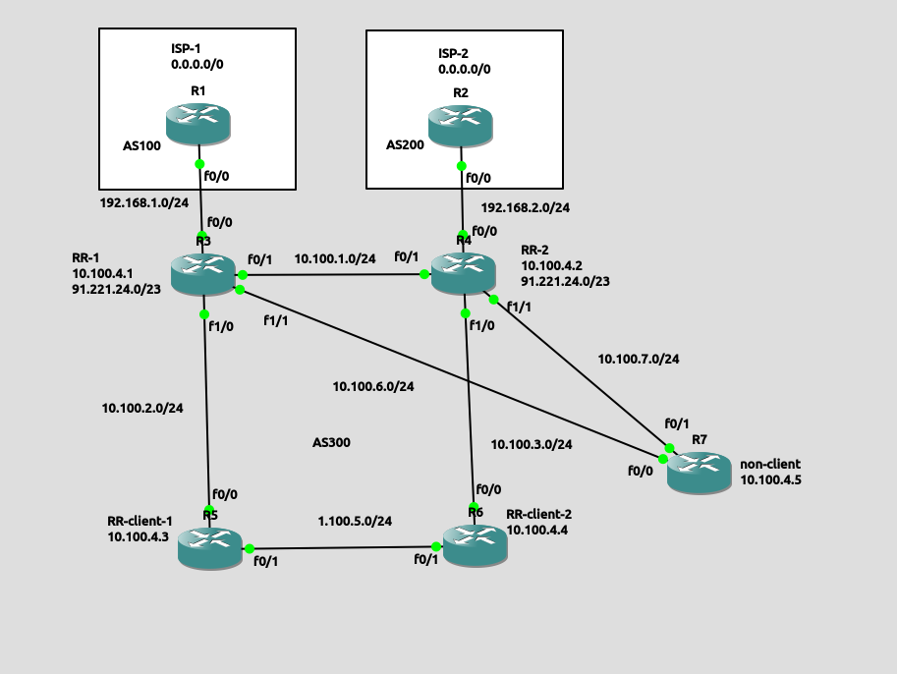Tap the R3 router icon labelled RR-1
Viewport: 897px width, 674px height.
(x=202, y=273)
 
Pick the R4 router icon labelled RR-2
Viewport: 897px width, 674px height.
(x=464, y=272)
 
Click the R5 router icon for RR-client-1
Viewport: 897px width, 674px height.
(x=209, y=546)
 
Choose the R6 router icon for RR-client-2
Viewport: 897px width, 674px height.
(x=475, y=544)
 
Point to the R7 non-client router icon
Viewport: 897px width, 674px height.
(x=700, y=473)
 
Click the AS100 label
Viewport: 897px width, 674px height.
(x=141, y=145)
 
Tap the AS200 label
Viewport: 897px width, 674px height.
(x=405, y=145)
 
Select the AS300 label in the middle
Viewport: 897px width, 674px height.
(x=331, y=443)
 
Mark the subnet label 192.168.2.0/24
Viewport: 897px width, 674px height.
(x=525, y=207)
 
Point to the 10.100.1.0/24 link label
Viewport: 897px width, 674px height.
(x=335, y=259)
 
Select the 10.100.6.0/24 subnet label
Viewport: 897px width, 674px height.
(x=372, y=386)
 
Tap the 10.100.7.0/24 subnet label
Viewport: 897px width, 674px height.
(x=639, y=360)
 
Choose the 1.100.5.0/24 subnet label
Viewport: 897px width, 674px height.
(x=355, y=521)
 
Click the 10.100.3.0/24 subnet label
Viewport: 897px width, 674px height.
(x=532, y=444)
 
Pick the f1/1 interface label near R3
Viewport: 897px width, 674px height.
(x=277, y=320)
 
